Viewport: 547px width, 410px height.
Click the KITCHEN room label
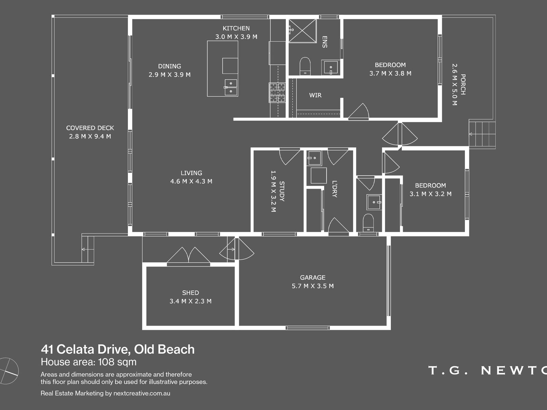[236, 28]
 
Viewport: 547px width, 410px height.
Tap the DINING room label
[170, 66]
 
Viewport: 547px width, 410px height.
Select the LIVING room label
[191, 173]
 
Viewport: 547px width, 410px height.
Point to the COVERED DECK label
[90, 128]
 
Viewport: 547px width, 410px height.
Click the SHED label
[190, 293]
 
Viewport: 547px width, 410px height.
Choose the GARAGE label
[312, 277]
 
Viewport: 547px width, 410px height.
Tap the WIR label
[315, 95]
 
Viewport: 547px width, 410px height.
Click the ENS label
[324, 42]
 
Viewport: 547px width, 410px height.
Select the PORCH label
[463, 84]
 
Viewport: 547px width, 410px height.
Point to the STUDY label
[282, 191]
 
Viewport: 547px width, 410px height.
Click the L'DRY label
[334, 189]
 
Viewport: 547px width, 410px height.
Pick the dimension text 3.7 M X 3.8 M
[390, 73]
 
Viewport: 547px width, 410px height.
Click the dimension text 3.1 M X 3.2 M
[430, 194]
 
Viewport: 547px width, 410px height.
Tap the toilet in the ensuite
[305, 66]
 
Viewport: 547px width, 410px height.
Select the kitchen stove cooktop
[277, 93]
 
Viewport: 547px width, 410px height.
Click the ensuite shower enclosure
[302, 31]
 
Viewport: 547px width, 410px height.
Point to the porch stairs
[482, 134]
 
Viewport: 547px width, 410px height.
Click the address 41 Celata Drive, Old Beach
[118, 350]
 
